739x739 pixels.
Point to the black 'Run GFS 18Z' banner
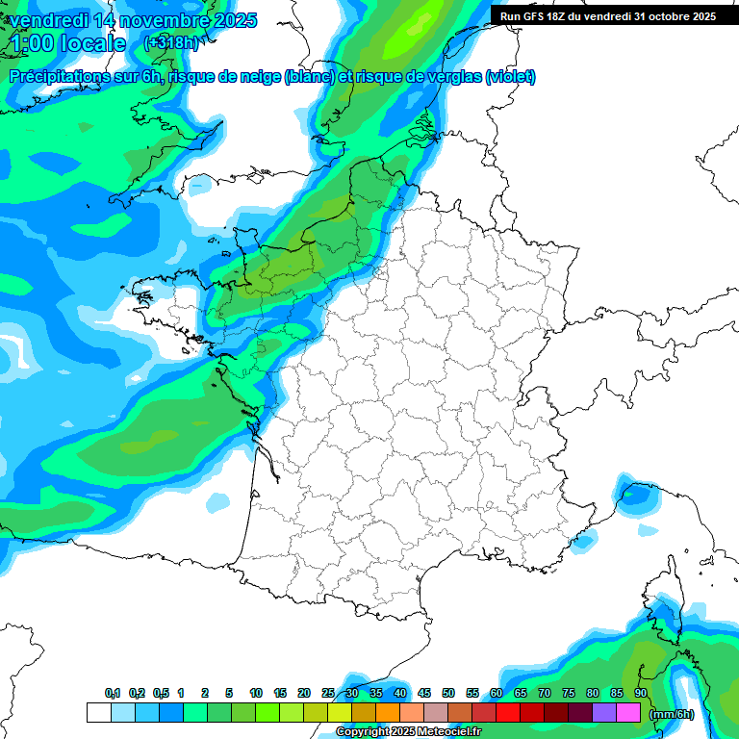coord(608,15)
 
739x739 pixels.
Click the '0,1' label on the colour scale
coord(113,693)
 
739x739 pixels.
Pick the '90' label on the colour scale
coord(640,693)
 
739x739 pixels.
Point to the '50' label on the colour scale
coord(448,693)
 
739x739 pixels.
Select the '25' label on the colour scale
coord(328,693)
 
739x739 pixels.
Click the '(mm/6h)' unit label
coord(671,713)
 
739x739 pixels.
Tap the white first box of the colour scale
coord(98,712)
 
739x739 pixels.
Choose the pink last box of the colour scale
coord(628,712)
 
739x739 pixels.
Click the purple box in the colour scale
coord(604,712)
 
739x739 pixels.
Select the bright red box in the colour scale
coord(508,712)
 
